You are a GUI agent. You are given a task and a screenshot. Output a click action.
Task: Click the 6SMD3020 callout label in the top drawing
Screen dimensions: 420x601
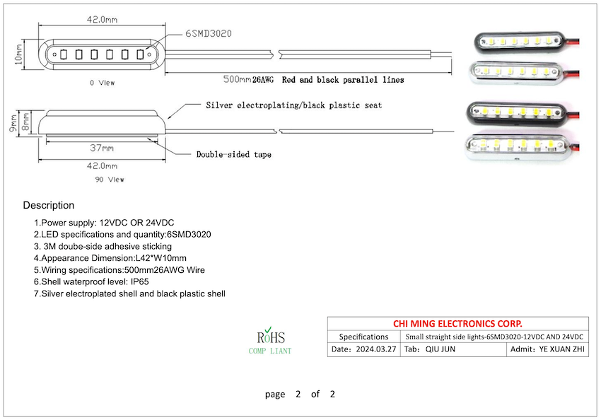click(209, 33)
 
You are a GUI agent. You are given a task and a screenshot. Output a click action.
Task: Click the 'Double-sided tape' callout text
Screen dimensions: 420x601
click(233, 154)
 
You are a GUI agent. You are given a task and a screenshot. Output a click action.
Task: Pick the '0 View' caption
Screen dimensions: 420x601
click(102, 83)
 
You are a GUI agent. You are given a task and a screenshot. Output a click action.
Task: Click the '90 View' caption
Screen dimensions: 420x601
click(110, 180)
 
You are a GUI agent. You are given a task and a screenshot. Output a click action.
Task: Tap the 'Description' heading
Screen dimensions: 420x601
click(48, 206)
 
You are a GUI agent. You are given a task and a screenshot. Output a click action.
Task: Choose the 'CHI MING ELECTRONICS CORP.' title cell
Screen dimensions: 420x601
click(457, 323)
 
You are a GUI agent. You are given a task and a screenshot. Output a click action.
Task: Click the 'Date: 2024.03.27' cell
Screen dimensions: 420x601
click(363, 350)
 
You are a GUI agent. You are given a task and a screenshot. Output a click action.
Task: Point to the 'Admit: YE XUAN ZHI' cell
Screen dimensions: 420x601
click(549, 350)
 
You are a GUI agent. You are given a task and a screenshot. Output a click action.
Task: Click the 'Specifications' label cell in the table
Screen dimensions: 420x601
click(363, 337)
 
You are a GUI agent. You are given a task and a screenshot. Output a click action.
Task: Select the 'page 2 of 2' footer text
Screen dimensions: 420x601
click(300, 394)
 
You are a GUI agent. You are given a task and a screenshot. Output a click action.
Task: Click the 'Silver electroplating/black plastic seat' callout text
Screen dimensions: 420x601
click(293, 105)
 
